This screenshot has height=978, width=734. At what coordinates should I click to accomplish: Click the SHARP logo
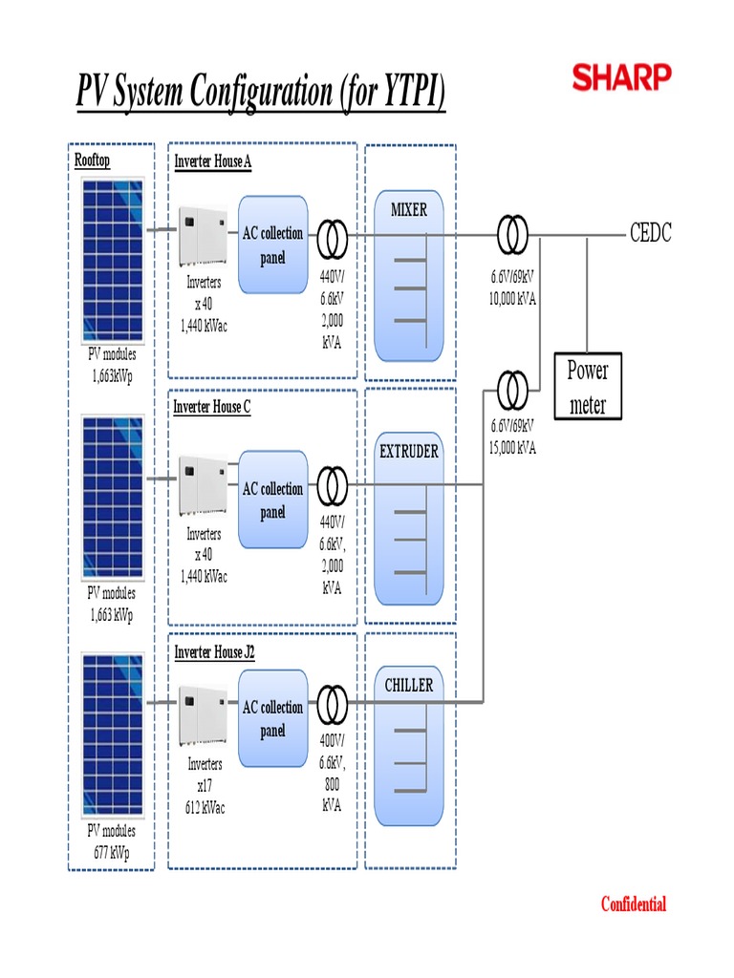pos(621,77)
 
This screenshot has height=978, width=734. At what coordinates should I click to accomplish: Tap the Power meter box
pos(587,387)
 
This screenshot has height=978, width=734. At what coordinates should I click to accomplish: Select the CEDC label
pos(650,233)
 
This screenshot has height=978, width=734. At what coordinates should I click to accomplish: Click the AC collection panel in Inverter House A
pos(273,244)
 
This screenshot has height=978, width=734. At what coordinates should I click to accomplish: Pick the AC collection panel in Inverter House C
pos(273,500)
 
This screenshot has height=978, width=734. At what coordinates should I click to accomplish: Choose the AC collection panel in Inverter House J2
pos(273,719)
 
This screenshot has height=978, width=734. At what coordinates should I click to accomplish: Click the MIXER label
pos(409,210)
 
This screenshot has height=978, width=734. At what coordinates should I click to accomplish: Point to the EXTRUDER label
pos(409,451)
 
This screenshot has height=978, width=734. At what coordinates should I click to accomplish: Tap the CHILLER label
pos(409,685)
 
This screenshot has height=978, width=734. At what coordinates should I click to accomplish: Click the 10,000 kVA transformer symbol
pos(512,233)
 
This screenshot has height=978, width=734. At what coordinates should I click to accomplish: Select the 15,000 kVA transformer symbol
pos(512,389)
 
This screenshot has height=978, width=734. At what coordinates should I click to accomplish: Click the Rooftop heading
pos(93,160)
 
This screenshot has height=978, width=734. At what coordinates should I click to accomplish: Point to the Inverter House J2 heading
pos(214,651)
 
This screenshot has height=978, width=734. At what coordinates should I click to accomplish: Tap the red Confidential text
pos(633,904)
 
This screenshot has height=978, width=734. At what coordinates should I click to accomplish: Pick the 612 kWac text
pos(205,807)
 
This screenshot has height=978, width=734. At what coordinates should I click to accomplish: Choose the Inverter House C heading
pos(212,407)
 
